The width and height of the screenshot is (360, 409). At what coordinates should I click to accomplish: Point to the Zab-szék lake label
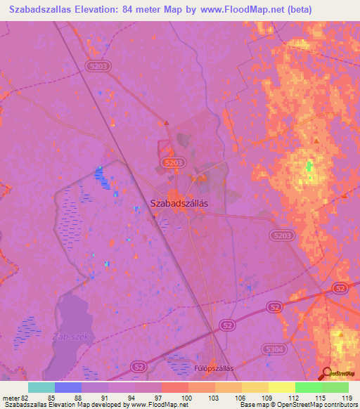point(70,337)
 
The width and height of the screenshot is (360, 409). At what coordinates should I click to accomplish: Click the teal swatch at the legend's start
point(41,387)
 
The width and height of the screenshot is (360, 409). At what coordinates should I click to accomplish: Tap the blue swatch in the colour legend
point(67,387)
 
